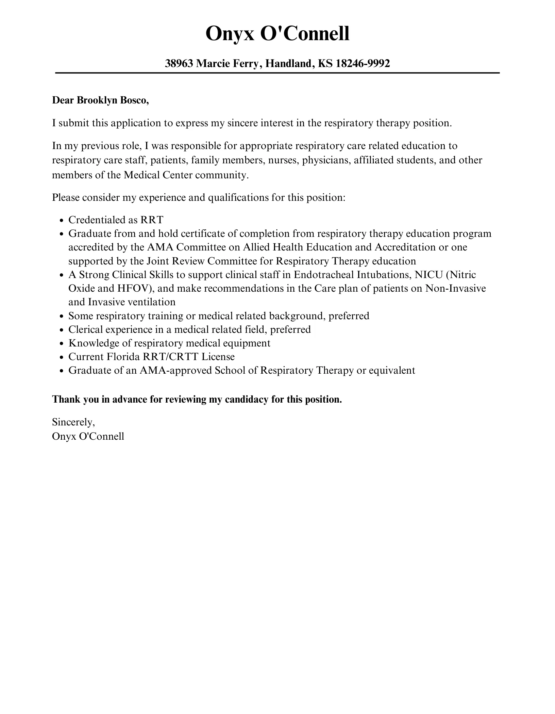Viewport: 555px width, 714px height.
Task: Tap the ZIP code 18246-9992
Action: [363, 63]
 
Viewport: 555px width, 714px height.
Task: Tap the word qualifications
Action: [238, 197]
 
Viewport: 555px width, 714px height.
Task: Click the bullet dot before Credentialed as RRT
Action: [62, 221]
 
